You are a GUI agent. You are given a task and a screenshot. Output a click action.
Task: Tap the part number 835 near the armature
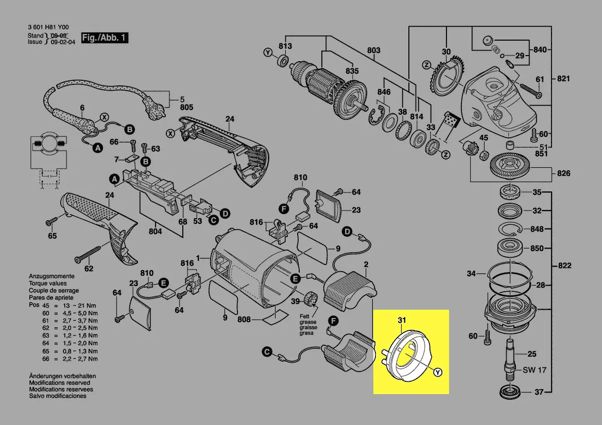pyautogui.click(x=352, y=71)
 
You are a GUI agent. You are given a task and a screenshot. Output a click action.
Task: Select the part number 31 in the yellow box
pyautogui.click(x=402, y=321)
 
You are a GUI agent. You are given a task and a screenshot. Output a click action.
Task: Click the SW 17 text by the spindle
pyautogui.click(x=535, y=370)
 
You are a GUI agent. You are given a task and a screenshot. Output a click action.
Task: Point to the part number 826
pyautogui.click(x=563, y=173)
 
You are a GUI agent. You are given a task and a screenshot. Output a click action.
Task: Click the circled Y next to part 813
pyautogui.click(x=268, y=53)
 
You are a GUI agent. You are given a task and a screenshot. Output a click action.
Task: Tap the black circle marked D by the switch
pyautogui.click(x=225, y=213)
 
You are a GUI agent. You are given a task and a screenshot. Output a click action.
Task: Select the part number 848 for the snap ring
pyautogui.click(x=537, y=229)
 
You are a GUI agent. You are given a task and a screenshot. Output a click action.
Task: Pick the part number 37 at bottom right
pyautogui.click(x=539, y=392)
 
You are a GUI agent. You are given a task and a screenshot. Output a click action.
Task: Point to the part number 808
pyautogui.click(x=244, y=320)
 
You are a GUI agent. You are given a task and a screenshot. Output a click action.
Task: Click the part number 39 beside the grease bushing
pyautogui.click(x=295, y=301)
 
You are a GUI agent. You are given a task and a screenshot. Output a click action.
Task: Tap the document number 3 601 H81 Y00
pyautogui.click(x=49, y=28)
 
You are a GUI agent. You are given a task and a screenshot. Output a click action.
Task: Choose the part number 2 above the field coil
pyautogui.click(x=366, y=265)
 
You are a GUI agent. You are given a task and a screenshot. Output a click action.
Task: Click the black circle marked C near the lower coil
pyautogui.click(x=267, y=352)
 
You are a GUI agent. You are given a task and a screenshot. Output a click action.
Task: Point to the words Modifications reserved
pyautogui.click(x=59, y=383)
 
